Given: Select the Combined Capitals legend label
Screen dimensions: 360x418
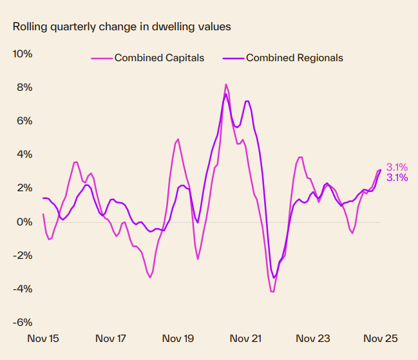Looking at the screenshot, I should point(159,58).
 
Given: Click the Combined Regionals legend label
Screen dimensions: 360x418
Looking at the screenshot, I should point(294,58).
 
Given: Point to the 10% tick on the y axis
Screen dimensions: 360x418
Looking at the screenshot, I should point(23,53).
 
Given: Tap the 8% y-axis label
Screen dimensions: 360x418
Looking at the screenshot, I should point(24,87).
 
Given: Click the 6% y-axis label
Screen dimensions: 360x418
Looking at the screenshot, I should point(24,121).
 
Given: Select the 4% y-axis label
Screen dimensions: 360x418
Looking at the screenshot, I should point(24,155).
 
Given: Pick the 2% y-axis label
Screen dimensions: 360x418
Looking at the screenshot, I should point(24,188).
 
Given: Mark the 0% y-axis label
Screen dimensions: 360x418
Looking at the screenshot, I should point(24,222).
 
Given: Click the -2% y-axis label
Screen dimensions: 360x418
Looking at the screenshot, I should point(23,255).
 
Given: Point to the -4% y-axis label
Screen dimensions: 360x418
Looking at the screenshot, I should point(23,289).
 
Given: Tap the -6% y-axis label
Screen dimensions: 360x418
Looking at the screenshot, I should point(23,323).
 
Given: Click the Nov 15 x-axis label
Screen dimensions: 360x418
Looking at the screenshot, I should point(43,338).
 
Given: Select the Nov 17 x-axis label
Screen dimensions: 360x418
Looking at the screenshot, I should point(111,338).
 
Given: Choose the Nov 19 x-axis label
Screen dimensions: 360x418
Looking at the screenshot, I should point(178,338).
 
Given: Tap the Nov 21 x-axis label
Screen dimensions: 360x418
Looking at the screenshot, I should point(246,338).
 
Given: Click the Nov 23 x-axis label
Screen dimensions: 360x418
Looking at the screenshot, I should point(313,338).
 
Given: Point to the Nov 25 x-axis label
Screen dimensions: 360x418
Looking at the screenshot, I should point(380,338).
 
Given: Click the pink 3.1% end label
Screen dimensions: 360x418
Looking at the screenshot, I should point(397,167).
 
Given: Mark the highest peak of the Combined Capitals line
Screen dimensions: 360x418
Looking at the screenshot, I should point(226,84).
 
